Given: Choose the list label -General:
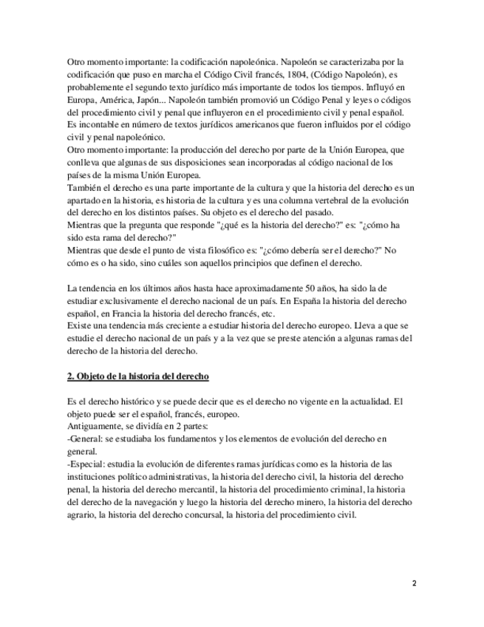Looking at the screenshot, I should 88,439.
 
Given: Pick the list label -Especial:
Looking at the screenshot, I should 89,464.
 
